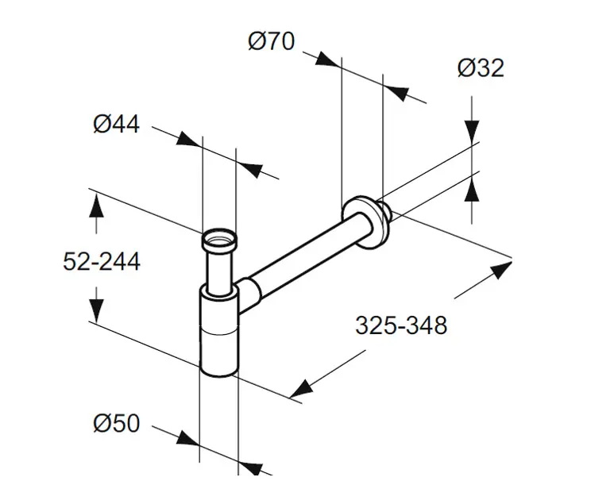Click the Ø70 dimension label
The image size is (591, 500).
pos(272,41)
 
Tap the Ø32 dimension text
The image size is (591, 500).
pos(481,68)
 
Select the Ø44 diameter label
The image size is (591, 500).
pos(117,124)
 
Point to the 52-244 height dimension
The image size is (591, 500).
pos(102,261)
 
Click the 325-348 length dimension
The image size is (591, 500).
pos(401,325)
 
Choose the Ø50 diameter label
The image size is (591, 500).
pos(117,423)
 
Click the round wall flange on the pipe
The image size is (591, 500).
pos(365,222)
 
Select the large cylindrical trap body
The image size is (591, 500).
pos(219,330)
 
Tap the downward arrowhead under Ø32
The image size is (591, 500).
pos(472,132)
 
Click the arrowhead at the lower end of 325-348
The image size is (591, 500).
pos(302,389)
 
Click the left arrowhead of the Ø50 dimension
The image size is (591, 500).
pos(187,439)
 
